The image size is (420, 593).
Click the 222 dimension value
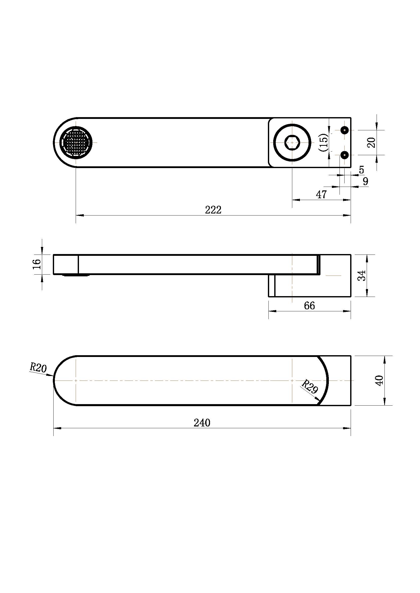pyautogui.click(x=213, y=210)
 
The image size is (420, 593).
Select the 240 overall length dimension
pyautogui.click(x=202, y=423)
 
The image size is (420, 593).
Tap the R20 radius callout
pyautogui.click(x=38, y=368)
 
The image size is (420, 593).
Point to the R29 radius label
pyautogui.click(x=310, y=386)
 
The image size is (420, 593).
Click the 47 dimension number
pyautogui.click(x=321, y=194)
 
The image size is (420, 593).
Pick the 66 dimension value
pyautogui.click(x=309, y=306)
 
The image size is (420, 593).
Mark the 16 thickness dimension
pyautogui.click(x=37, y=264)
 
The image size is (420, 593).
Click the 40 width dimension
pyautogui.click(x=379, y=381)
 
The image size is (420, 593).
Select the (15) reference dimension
pyautogui.click(x=323, y=142)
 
